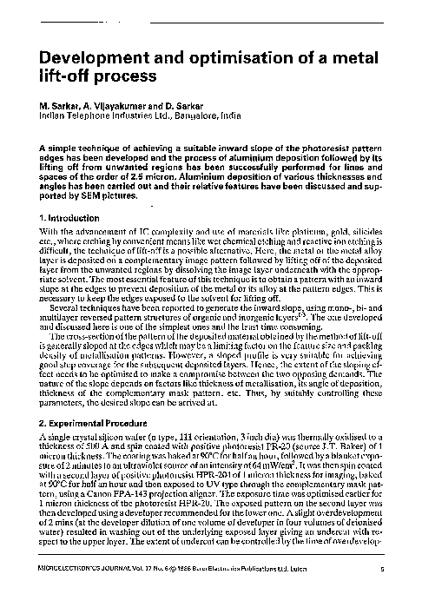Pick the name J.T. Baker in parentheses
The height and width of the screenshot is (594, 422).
pyautogui.click(x=331, y=445)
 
